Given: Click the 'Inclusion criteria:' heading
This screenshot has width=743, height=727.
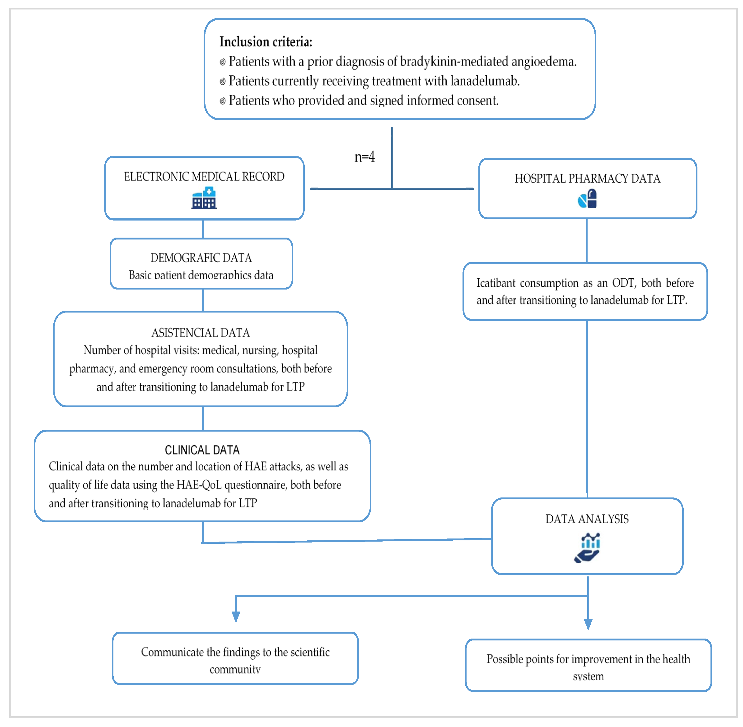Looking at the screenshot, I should pyautogui.click(x=266, y=42).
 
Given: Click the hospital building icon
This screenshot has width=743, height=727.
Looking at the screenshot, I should pyautogui.click(x=204, y=198).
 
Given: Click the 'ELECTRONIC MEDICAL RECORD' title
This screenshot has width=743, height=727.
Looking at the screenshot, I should pyautogui.click(x=204, y=177).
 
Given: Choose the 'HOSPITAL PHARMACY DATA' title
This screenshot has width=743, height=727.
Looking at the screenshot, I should pyautogui.click(x=587, y=179).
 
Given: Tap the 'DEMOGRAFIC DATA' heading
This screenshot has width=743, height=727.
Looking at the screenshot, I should pyautogui.click(x=201, y=258).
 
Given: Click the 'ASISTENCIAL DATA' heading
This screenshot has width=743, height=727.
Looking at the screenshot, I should pyautogui.click(x=201, y=333).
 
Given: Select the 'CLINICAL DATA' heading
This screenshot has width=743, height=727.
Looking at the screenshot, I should pyautogui.click(x=202, y=450).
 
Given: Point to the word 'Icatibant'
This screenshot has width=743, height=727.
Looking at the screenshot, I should pyautogui.click(x=496, y=283).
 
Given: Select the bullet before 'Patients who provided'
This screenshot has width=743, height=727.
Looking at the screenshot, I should pyautogui.click(x=222, y=101).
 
